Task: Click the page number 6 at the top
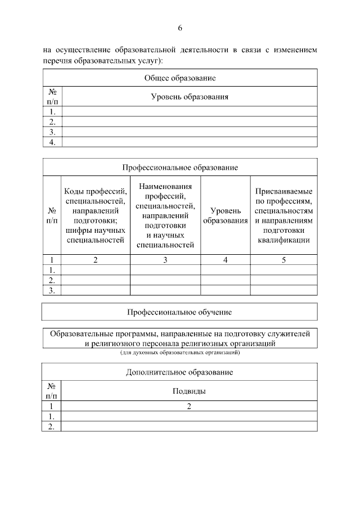pos(180,28)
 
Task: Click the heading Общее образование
pos(180,78)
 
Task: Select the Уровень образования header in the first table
pos(190,97)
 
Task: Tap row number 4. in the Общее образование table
pos(52,142)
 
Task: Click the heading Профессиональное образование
pos(180,168)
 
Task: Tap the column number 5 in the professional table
pos(283,260)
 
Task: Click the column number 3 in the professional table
pos(165,260)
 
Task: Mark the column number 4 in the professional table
pos(226,260)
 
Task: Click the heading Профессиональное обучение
pos(180,312)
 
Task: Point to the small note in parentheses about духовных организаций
pos(180,353)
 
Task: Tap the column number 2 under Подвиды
pos(190,406)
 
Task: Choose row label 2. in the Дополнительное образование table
pos(52,427)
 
